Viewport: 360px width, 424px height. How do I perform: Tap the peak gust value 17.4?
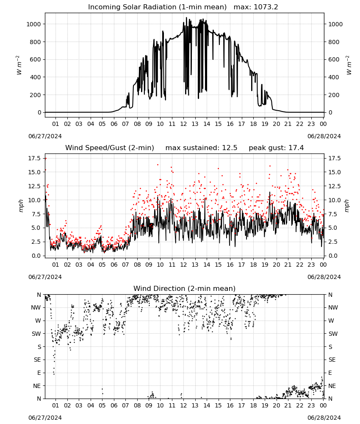pos(296,148)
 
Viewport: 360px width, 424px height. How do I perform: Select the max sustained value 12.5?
pos(230,148)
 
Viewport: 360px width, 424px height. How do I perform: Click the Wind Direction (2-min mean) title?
pos(185,288)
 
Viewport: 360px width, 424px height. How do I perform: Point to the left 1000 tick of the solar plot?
pos(33,24)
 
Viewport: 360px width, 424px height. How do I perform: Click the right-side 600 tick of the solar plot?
pos(334,59)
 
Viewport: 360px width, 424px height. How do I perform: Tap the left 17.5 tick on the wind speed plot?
pos(35,158)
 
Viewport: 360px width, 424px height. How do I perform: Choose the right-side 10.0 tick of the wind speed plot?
pos(335,200)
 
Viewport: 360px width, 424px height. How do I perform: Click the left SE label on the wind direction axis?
pos(38,360)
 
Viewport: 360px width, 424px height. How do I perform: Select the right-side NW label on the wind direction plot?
pos(333,307)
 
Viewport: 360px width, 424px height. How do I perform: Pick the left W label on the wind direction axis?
pos(38,321)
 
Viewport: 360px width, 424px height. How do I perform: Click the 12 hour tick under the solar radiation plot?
pos(183,124)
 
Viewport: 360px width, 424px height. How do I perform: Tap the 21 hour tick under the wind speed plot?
pos(288,265)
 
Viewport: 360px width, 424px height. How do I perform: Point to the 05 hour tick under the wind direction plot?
pos(102,406)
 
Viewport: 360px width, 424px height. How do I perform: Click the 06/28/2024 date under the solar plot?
pos(324,136)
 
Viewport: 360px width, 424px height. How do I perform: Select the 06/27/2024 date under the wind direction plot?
pos(45,418)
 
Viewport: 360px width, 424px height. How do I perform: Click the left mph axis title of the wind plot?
pos(21,206)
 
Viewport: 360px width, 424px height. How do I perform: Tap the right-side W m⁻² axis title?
pos(349,65)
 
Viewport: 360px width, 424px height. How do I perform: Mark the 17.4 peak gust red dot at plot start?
pos(46,159)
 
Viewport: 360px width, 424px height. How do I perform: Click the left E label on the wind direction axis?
pos(39,373)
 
